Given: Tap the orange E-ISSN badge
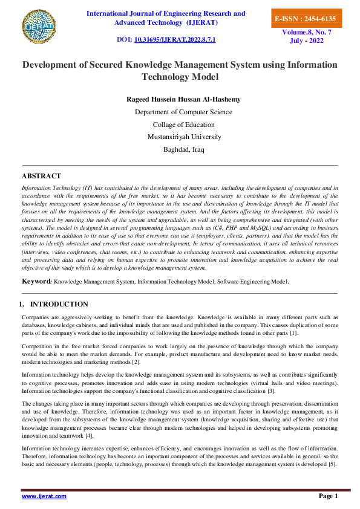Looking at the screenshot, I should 304,19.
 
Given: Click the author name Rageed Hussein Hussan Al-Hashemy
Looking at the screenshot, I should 183,99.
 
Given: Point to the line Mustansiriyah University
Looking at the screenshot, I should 183,137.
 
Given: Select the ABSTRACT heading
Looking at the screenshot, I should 41,176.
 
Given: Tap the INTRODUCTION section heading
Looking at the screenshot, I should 59,304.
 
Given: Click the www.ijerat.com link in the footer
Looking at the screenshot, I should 44,496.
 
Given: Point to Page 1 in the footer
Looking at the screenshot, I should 328,496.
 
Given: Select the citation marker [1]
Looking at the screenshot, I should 293,333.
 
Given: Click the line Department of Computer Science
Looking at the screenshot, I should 183,112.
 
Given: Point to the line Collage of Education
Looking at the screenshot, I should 183,125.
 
